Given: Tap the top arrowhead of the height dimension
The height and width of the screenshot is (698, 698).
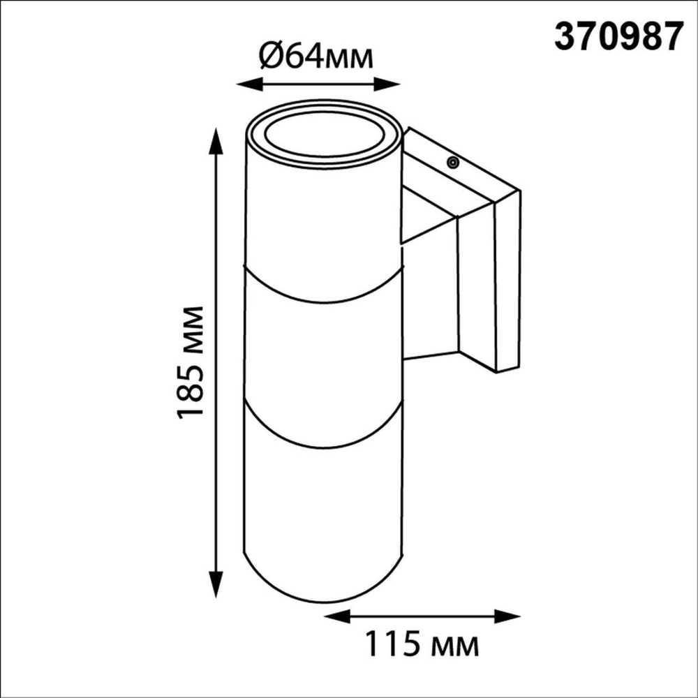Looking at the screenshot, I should tap(217, 140).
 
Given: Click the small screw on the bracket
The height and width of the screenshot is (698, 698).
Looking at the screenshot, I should tap(453, 163).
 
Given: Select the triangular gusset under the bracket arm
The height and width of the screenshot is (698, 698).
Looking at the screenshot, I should tap(426, 220).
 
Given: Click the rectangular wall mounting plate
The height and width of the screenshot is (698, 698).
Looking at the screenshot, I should tap(507, 283).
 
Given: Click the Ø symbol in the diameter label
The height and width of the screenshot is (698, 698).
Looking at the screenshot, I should tap(272, 54).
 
